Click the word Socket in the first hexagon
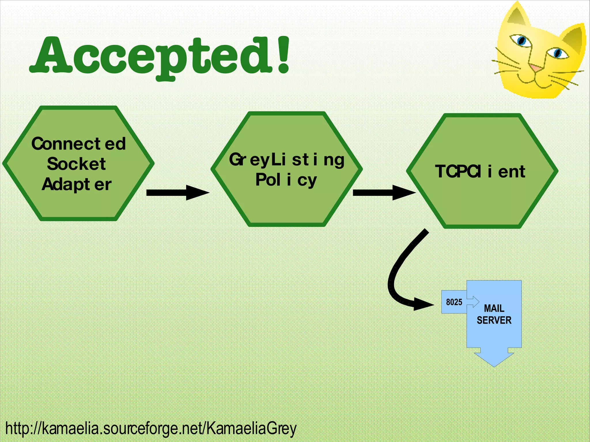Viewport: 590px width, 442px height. pyautogui.click(x=76, y=164)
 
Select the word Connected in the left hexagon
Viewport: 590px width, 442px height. pyautogui.click(x=78, y=143)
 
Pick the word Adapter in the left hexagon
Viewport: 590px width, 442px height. pyautogui.click(x=76, y=184)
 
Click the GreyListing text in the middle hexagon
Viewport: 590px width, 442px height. pyautogui.click(x=286, y=160)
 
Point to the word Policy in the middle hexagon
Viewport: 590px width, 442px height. pyautogui.click(x=286, y=180)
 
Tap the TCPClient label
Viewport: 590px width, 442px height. pyautogui.click(x=480, y=172)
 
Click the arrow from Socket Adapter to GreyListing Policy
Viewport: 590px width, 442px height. pyautogui.click(x=177, y=192)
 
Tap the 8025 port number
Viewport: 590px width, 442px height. pyautogui.click(x=454, y=302)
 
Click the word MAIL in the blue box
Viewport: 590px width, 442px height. pyautogui.click(x=494, y=308)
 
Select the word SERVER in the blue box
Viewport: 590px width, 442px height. pyautogui.click(x=494, y=320)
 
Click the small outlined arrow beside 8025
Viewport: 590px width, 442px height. pyautogui.click(x=473, y=302)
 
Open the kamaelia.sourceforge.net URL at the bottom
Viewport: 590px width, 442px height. pyautogui.click(x=151, y=428)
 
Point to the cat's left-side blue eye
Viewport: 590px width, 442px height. pyautogui.click(x=521, y=40)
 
